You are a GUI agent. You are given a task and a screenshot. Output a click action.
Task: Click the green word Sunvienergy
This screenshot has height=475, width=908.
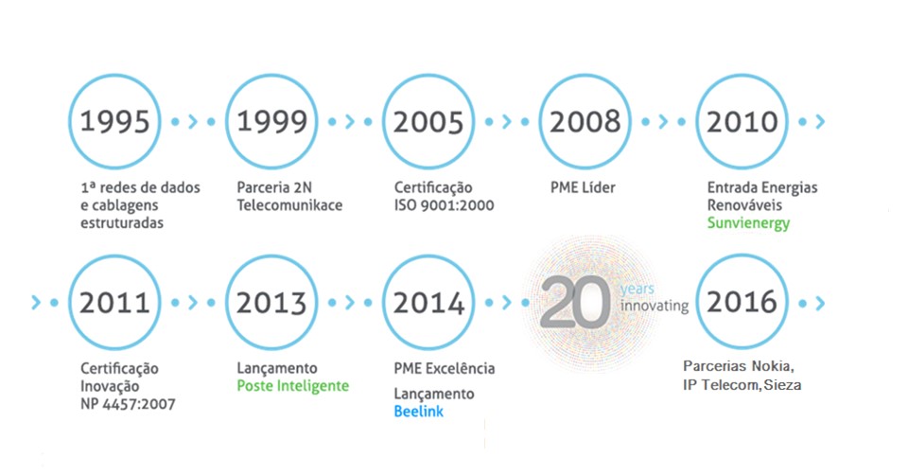[748, 223]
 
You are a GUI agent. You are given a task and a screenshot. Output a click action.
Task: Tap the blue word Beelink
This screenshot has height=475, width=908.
[419, 412]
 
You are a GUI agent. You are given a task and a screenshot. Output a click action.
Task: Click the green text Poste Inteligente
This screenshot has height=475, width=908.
[293, 386]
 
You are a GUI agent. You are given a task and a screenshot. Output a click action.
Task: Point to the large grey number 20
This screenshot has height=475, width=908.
[576, 302]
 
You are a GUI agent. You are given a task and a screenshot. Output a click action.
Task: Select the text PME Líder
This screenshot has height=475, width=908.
[583, 187]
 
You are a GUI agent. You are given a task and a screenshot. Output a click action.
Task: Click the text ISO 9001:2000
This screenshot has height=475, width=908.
[445, 205]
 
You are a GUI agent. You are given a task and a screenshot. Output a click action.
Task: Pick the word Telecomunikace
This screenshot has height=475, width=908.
[289, 205]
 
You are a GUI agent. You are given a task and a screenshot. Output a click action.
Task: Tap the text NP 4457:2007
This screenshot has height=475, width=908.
[128, 404]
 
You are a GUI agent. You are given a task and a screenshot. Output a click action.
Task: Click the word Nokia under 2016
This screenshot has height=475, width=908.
[773, 366]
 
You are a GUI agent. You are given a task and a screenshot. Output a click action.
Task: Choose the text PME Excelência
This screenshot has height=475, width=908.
[445, 368]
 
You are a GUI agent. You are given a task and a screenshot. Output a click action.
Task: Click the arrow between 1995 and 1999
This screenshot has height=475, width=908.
[193, 122]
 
